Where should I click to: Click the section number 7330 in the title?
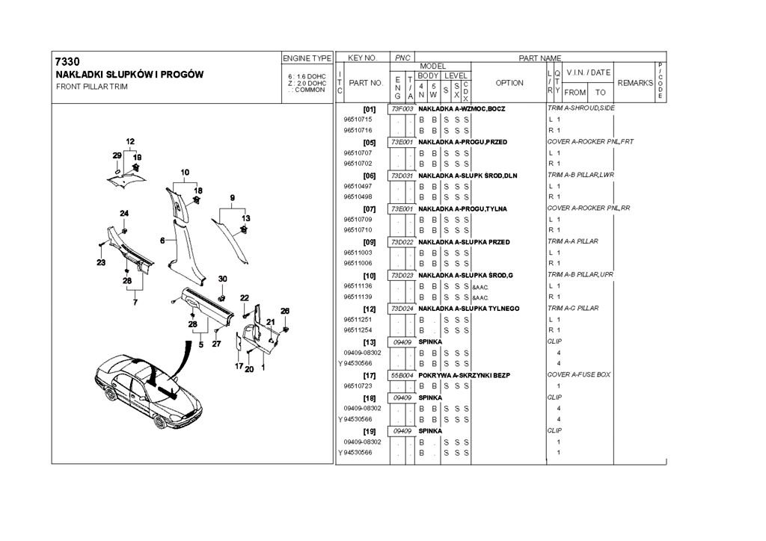coord(67,61)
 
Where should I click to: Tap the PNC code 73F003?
coord(402,108)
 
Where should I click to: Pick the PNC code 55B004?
coord(402,374)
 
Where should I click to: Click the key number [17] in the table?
coord(369,374)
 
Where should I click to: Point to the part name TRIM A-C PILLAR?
coord(573,308)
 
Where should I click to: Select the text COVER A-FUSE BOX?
coord(579,374)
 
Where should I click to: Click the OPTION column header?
coord(509,83)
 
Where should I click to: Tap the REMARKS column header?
coord(635,83)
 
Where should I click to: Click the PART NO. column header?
coord(366,83)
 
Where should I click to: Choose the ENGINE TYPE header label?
coord(307,58)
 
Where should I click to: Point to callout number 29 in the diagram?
coord(117,155)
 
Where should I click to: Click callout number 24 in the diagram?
coord(123,213)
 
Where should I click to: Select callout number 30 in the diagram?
coord(222,279)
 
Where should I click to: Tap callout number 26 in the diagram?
coord(285,310)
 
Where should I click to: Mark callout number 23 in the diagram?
coord(100,262)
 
